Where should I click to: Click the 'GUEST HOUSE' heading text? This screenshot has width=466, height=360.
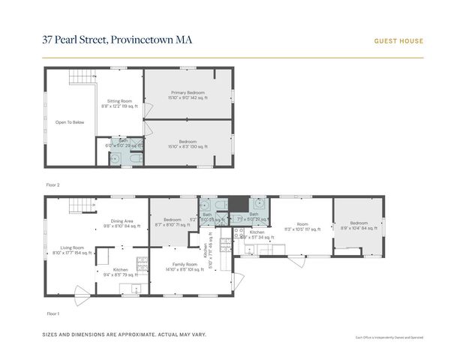click(398, 41)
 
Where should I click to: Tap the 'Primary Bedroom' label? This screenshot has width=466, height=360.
click(188, 92)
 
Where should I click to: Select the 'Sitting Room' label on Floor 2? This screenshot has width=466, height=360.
click(119, 100)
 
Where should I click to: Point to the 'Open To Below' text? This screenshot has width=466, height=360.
click(68, 121)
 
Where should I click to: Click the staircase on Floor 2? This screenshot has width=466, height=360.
click(80, 77)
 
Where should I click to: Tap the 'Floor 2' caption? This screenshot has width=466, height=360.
click(53, 184)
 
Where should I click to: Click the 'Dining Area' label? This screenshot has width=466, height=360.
click(122, 220)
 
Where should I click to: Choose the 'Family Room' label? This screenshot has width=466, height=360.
click(182, 264)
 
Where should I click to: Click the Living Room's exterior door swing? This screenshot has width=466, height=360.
click(81, 290)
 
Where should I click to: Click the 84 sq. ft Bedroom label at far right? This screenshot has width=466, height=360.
click(359, 223)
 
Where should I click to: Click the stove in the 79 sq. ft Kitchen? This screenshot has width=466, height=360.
click(140, 262)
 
